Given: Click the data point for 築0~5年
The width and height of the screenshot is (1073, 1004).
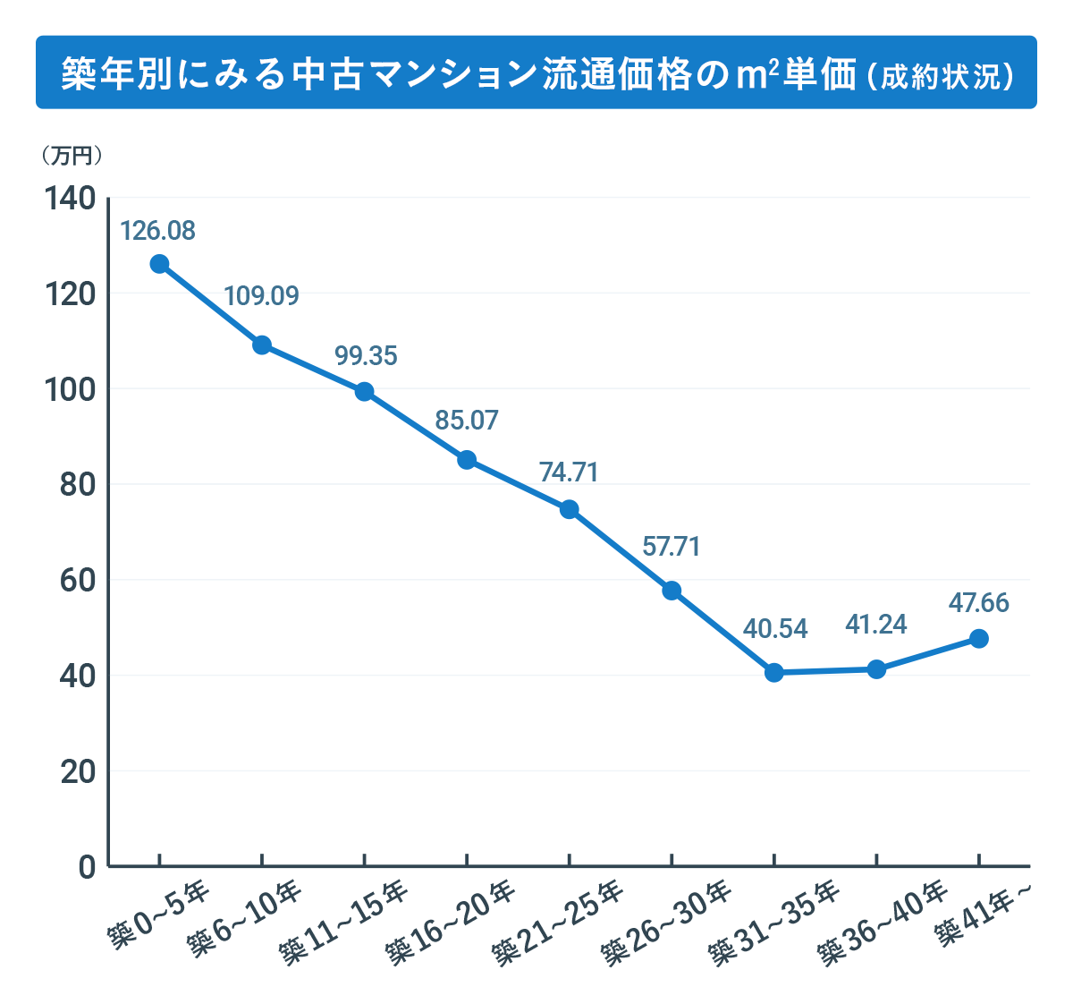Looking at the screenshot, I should pos(159,264).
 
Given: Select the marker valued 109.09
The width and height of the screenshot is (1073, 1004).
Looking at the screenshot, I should pos(262,345).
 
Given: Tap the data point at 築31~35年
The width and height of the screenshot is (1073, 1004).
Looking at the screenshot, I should pos(774,673).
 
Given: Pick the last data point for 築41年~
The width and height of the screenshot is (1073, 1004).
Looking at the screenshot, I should pos(979,639).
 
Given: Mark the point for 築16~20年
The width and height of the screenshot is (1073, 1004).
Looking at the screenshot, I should pos(467,460).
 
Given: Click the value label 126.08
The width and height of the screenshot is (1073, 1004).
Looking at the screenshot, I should pos(157,231).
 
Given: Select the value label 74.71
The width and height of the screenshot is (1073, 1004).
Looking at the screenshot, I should pos(569,472).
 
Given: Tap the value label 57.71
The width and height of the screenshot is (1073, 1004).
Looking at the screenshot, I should pos(672,546).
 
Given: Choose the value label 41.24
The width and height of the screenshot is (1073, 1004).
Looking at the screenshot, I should pos(876,625).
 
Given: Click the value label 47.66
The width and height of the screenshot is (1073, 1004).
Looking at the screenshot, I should pos(979,603).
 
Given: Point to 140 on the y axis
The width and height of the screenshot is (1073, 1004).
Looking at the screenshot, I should pos(70,199).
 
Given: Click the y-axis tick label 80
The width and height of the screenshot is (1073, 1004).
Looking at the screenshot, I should pos(78,485).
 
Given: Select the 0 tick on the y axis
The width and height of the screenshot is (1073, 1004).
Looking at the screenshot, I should pos(87,867).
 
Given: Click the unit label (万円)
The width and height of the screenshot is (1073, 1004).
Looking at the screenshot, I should pos(72,156).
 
